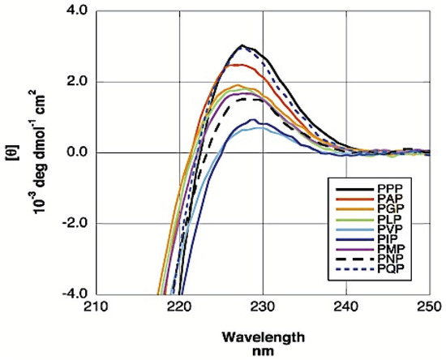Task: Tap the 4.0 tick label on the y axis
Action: pos(77,11)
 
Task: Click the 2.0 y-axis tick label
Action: pos(77,82)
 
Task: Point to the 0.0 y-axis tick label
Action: pos(77,152)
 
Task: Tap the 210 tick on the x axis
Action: pos(96,309)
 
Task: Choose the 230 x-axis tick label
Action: pos(263,309)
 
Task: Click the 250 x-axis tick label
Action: pos(427,309)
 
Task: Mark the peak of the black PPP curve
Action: pos(242,45)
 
